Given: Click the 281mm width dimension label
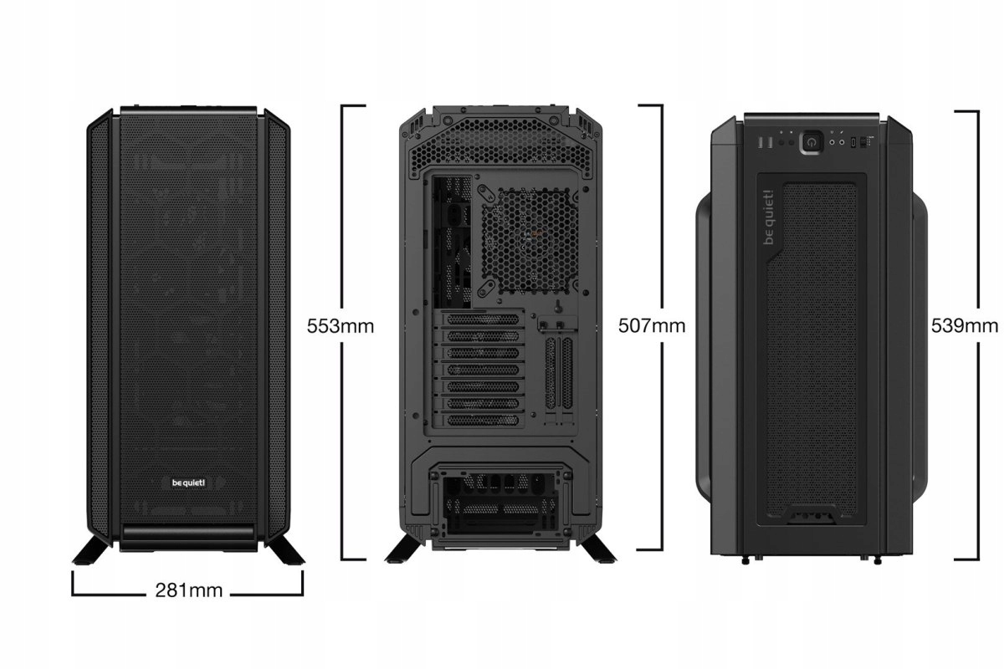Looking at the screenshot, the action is coord(189,590).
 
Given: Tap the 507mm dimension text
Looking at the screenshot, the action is coord(651,325).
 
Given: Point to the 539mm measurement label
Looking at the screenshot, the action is coord(965,325).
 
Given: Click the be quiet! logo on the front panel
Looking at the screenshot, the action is coord(188,481).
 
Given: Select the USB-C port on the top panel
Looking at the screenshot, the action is coord(852,143).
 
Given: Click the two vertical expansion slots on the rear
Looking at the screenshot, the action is coord(558,372).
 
